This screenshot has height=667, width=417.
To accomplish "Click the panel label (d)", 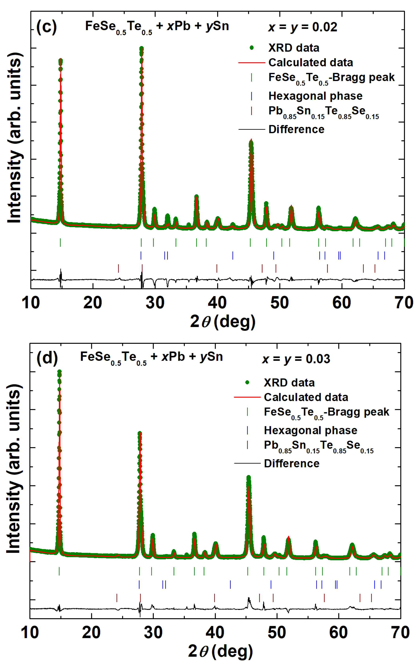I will coord(47,358).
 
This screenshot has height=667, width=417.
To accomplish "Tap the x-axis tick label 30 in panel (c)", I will coord(155,303).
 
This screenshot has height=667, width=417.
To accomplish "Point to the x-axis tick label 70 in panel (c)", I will coord(404,303).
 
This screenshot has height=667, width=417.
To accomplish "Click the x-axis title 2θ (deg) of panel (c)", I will coord(223,322).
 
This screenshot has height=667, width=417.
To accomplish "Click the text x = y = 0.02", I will coord(302,27).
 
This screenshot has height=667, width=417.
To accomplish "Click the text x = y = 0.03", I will coord(296,359).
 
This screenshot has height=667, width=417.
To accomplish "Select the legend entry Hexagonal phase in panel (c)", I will coord(315,96).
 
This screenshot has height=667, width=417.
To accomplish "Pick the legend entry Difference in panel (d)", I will coord(292,464).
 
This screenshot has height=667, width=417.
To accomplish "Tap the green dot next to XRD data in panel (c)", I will coord(251,48).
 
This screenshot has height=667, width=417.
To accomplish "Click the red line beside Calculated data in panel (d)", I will coord(247,397).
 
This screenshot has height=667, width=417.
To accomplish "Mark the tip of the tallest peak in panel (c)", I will coord(141,48).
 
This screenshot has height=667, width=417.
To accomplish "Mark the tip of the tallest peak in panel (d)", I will coord(59,371).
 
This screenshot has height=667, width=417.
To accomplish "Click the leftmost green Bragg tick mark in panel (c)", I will coord(60,243).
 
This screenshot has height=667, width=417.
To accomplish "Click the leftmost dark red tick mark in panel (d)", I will coord(117,598).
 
